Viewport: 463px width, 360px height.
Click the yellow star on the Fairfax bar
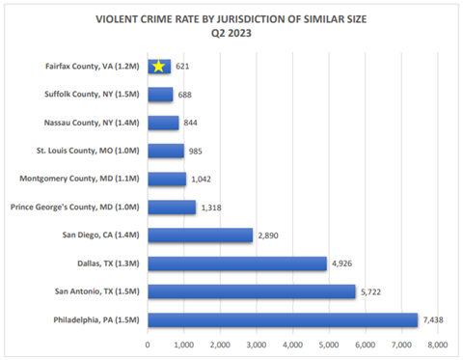click(x=159, y=67)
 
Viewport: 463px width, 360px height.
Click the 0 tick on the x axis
click(x=148, y=343)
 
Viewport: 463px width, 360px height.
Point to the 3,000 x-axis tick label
click(x=256, y=343)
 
